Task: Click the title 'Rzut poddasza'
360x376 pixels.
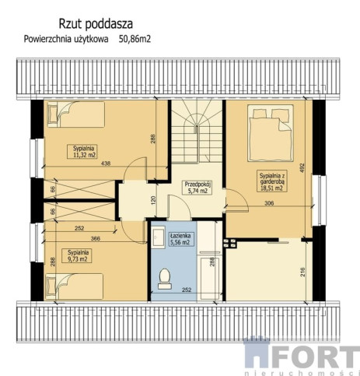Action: click(96, 24)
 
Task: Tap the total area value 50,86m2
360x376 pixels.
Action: click(135, 39)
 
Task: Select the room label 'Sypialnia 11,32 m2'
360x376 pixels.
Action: click(83, 152)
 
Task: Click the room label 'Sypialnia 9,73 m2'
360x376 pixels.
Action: click(79, 255)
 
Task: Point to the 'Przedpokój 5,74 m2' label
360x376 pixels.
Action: click(198, 188)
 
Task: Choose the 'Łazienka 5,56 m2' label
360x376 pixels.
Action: click(180, 239)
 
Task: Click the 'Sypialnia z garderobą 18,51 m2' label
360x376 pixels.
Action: click(271, 181)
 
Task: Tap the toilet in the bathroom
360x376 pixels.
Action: click(165, 279)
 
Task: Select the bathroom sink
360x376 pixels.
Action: click(158, 237)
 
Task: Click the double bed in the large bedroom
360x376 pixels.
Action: click(271, 133)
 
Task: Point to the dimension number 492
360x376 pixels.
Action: click(302, 167)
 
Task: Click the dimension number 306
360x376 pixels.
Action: click(269, 203)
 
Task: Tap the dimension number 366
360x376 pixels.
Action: click(96, 238)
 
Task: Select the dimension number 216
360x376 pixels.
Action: click(302, 272)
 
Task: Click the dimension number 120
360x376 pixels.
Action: click(153, 200)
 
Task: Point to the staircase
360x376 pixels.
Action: click(197, 131)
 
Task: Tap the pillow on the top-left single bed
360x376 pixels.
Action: click(54, 114)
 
